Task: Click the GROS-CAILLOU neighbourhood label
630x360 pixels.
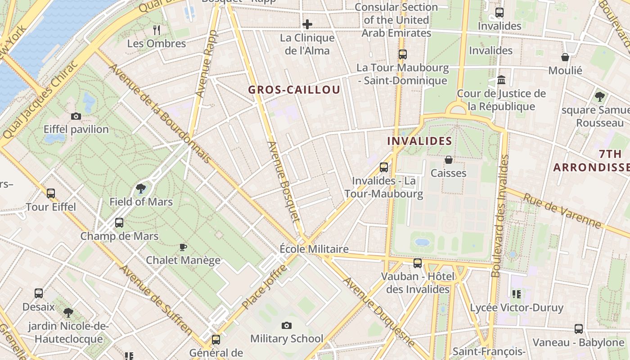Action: tap(294, 90)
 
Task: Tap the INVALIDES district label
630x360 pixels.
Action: tap(419, 141)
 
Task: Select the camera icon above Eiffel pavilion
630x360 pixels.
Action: tap(76, 117)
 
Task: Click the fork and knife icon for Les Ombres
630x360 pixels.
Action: tap(157, 30)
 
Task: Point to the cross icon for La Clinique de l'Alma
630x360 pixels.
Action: tap(307, 24)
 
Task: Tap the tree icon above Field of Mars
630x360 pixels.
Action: tap(141, 189)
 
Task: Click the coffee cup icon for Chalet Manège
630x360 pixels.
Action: tap(183, 247)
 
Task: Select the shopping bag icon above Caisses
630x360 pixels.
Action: tap(448, 160)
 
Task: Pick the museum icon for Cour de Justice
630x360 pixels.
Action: tap(501, 80)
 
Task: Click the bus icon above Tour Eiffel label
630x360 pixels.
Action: tap(51, 193)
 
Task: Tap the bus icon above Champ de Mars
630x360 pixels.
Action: tap(119, 222)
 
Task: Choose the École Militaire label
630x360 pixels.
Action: tap(314, 249)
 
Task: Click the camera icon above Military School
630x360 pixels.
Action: tap(287, 325)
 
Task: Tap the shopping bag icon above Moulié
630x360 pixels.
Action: tap(565, 57)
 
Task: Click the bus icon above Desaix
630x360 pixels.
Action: tap(39, 293)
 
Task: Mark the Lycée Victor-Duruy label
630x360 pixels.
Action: tap(517, 308)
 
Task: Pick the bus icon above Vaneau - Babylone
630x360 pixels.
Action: tap(579, 329)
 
